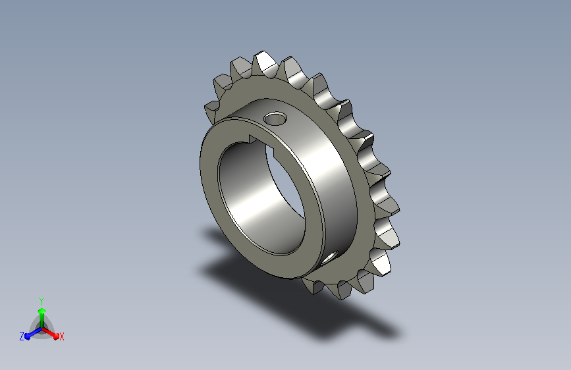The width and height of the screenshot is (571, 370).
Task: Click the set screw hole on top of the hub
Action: click(275, 119)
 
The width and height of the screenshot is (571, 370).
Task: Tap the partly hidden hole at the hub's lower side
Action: click(330, 257)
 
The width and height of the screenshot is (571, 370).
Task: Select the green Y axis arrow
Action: click(41, 317)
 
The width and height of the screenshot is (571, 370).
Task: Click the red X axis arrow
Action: click(50, 332)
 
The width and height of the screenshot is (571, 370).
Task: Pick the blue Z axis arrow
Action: click(34, 333)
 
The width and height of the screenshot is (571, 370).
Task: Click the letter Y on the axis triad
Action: click(41, 302)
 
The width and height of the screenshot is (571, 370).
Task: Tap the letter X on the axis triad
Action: click(61, 337)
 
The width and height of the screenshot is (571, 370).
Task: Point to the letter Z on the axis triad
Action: click(22, 336)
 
